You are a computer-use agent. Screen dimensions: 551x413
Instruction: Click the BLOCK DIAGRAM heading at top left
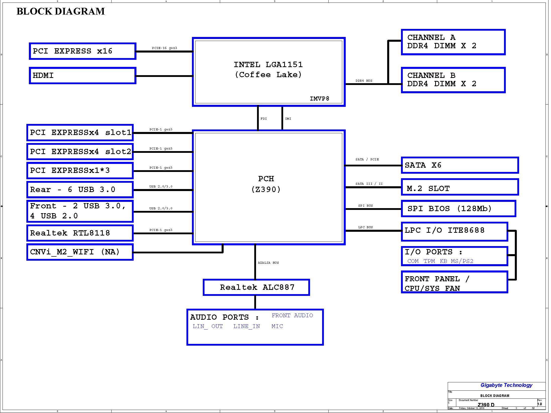point(61,11)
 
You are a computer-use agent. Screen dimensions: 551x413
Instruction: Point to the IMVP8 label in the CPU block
point(319,99)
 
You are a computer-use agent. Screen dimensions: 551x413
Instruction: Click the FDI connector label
point(264,119)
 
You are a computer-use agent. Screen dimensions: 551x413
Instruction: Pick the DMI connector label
point(288,119)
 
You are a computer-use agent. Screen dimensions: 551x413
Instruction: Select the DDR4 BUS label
point(364,81)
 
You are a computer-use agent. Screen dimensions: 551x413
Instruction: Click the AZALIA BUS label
point(268,263)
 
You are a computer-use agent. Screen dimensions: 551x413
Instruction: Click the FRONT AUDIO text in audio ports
point(292,315)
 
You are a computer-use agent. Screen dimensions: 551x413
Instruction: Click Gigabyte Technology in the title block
point(506,385)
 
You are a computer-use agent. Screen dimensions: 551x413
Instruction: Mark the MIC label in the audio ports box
point(277,326)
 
